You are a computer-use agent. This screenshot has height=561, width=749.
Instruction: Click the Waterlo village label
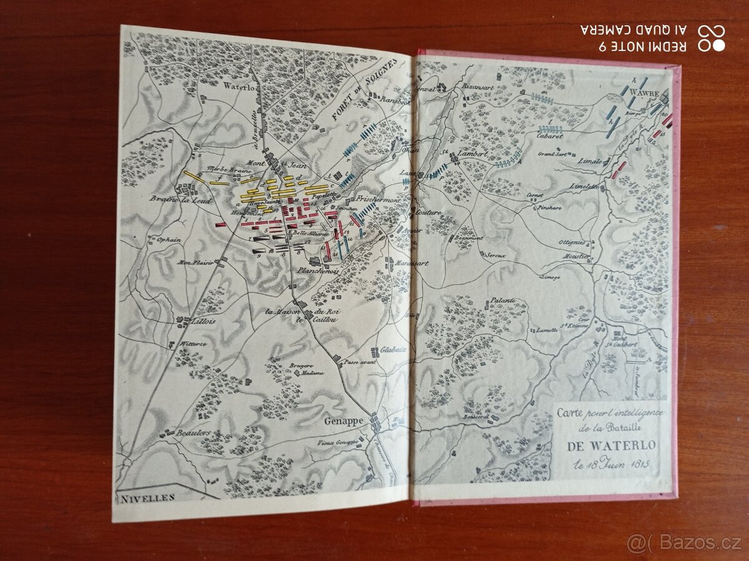[x=238, y=87]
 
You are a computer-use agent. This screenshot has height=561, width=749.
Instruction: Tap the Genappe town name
[x=343, y=421]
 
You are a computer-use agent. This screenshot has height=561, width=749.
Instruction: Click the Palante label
[x=503, y=300]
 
